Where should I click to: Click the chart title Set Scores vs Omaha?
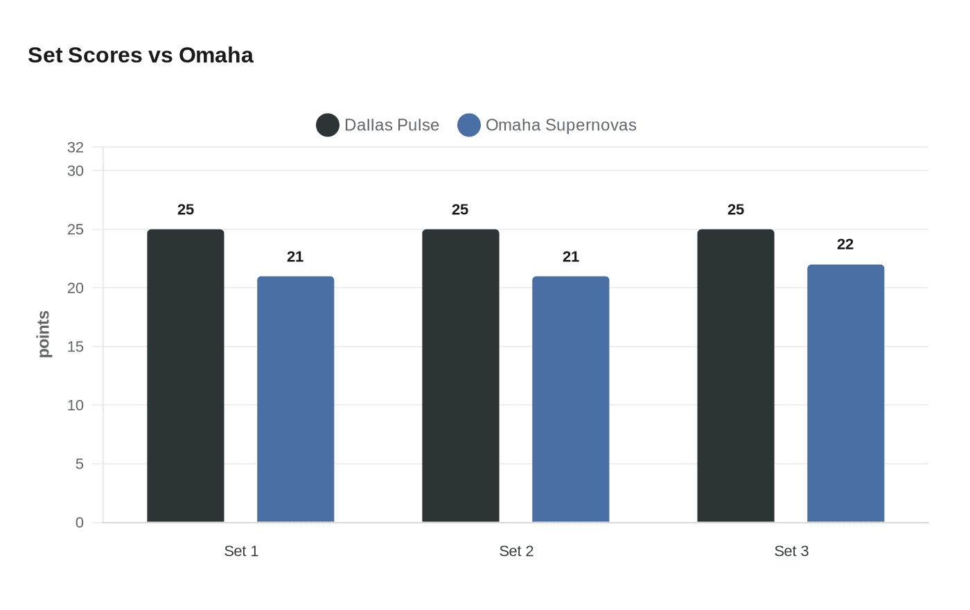coord(141,55)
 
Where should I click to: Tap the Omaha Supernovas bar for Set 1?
coord(296,399)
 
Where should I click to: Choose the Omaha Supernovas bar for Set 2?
coord(571,399)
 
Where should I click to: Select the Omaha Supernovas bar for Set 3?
coord(846,393)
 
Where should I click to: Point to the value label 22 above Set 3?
coord(845,244)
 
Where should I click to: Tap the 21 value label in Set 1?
coord(295,256)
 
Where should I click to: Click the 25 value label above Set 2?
coord(460,209)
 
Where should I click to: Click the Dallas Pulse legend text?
coord(391,125)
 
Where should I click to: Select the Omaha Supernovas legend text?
coord(561,125)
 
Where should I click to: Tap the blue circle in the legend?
coord(469,125)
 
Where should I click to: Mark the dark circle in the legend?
coord(328,125)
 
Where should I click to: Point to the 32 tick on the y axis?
coord(76,147)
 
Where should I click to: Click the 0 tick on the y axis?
coord(80,523)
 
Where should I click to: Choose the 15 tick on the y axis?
coord(76,347)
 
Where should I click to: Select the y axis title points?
coord(44,334)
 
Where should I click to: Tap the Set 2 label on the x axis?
coord(516,551)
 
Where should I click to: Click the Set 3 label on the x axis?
coord(791,551)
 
